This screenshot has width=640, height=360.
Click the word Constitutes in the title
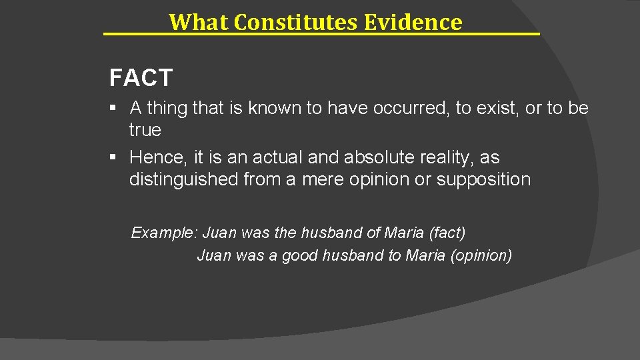tap(297, 22)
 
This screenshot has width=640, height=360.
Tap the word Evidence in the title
tap(413, 22)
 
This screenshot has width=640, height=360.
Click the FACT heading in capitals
tap(141, 79)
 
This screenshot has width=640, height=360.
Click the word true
tap(145, 130)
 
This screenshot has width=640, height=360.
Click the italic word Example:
tap(164, 233)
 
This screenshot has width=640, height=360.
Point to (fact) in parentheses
tap(447, 233)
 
